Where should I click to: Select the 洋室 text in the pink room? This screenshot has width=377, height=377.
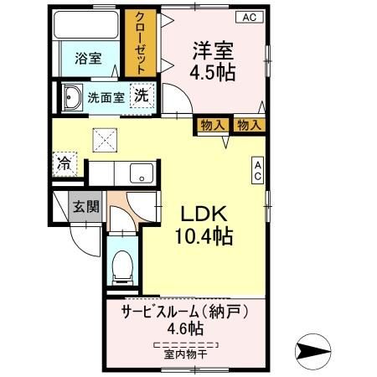[x=214, y=49]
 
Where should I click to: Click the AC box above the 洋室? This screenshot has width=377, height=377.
[x=250, y=17]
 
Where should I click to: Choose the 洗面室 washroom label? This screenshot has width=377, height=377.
[x=106, y=97]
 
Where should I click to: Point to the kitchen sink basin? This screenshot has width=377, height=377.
[x=139, y=174]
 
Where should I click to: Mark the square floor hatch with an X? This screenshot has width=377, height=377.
[x=105, y=137]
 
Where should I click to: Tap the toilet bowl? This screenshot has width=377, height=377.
[x=122, y=266]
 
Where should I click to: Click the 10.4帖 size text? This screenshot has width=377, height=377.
[x=202, y=237]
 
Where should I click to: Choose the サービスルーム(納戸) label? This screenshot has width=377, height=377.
[x=184, y=311]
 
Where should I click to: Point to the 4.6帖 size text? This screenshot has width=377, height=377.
[x=185, y=329]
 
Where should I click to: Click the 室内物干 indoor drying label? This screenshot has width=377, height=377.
[x=186, y=354]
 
